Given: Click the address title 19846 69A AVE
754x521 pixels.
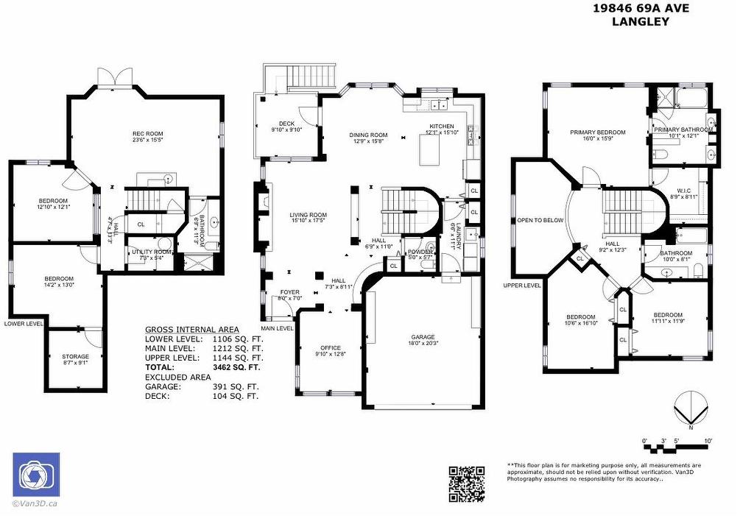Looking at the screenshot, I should (x=641, y=9).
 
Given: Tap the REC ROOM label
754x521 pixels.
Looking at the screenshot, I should (x=147, y=134).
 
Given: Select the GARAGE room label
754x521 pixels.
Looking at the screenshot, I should (x=423, y=337).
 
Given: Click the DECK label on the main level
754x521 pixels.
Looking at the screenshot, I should (x=286, y=124).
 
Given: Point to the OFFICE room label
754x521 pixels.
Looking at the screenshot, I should (x=330, y=348).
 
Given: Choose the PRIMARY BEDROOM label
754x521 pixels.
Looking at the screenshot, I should (x=597, y=132).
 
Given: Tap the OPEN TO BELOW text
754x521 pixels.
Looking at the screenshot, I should (x=540, y=220).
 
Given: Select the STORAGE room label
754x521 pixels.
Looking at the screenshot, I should (x=75, y=357).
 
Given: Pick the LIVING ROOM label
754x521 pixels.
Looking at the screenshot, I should (x=308, y=215).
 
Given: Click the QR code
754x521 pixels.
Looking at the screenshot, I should (x=467, y=483).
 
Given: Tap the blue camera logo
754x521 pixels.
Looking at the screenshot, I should (x=36, y=475).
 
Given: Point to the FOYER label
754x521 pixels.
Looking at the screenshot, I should (x=290, y=292).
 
